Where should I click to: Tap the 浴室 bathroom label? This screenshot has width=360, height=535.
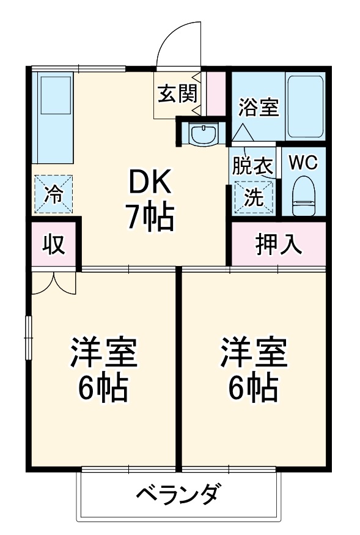coord(259,107)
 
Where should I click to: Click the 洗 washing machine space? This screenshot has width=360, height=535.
coord(253,196)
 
